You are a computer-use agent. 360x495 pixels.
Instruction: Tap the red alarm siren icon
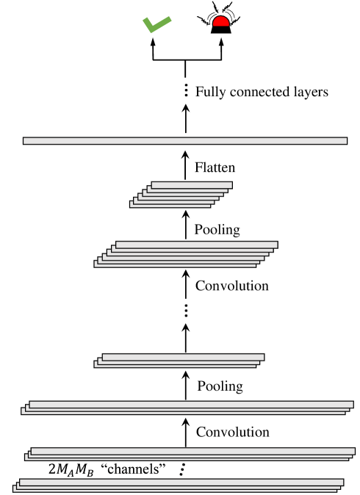220,24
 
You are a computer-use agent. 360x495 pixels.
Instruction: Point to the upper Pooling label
217,229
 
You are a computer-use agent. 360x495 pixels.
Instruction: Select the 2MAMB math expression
71,469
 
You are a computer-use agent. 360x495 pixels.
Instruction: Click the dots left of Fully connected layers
186,92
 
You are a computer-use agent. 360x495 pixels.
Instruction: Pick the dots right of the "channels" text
181,468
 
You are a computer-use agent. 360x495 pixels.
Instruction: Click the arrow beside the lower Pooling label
186,384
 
